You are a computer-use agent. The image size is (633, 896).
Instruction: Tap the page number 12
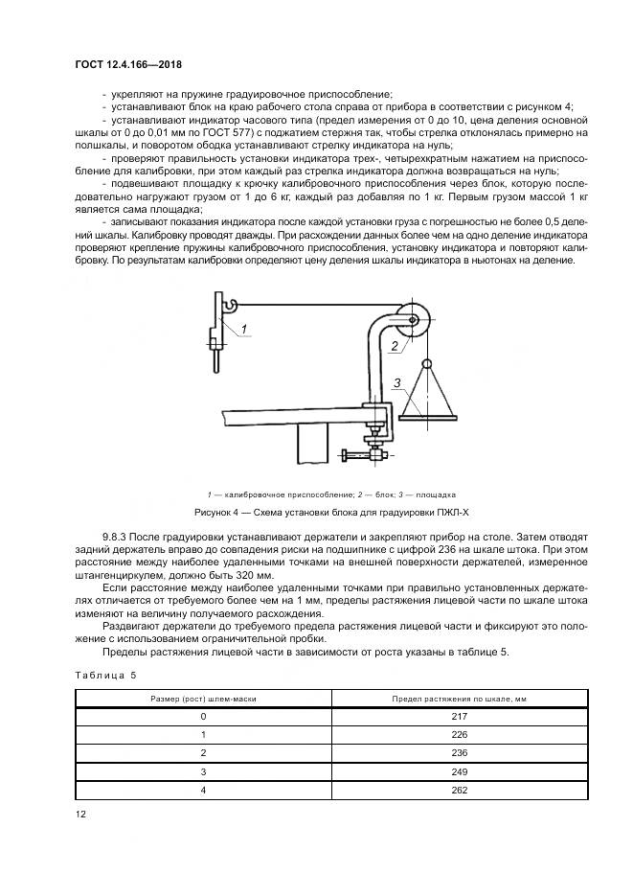pos(81,814)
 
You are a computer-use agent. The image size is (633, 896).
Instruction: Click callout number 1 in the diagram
pos(244,329)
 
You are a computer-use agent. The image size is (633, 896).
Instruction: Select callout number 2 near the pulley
pos(394,346)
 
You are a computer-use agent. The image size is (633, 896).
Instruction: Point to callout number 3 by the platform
pos(396,383)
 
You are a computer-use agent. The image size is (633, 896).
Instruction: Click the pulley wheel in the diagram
pos(416,323)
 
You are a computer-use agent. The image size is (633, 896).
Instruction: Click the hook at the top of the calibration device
pos(228,305)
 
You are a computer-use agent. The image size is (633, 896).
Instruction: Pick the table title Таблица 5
pos(105,675)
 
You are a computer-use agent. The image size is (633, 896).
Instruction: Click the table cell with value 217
pos(460,716)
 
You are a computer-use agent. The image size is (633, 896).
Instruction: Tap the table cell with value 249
pos(460,770)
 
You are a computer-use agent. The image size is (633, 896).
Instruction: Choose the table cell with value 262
pos(460,789)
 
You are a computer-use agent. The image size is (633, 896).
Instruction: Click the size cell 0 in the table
pos(203,716)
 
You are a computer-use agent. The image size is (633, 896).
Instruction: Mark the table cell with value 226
pos(460,734)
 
